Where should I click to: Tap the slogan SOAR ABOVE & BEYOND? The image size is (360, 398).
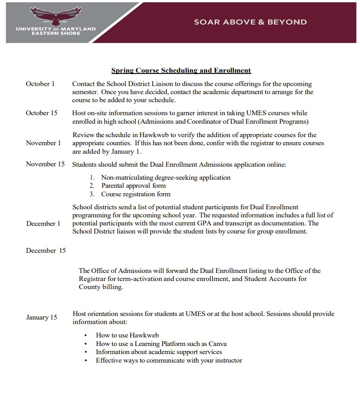pyautogui.click(x=250, y=22)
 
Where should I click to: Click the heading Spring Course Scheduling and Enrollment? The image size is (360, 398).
pyautogui.click(x=181, y=70)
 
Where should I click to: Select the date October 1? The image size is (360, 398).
pyautogui.click(x=40, y=84)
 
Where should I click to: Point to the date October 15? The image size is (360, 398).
pyautogui.click(x=42, y=113)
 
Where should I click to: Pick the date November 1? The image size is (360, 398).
pyautogui.click(x=43, y=143)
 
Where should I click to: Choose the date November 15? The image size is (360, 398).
pyautogui.click(x=45, y=164)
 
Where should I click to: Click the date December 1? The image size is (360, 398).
pyautogui.click(x=43, y=224)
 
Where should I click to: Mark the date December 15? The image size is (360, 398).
pyautogui.click(x=46, y=251)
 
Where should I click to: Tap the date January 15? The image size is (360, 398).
pyautogui.click(x=42, y=317)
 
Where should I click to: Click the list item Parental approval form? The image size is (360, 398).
pyautogui.click(x=133, y=186)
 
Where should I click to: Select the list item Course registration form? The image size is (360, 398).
pyautogui.click(x=136, y=194)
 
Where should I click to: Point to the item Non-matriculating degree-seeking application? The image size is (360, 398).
pyautogui.click(x=166, y=177)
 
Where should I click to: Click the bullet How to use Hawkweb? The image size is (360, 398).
pyautogui.click(x=127, y=335)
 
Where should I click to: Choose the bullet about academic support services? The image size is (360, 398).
pyautogui.click(x=159, y=352)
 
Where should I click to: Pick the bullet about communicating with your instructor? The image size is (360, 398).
pyautogui.click(x=169, y=360)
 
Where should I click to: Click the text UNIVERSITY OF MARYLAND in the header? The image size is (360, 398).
pyautogui.click(x=56, y=29)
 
